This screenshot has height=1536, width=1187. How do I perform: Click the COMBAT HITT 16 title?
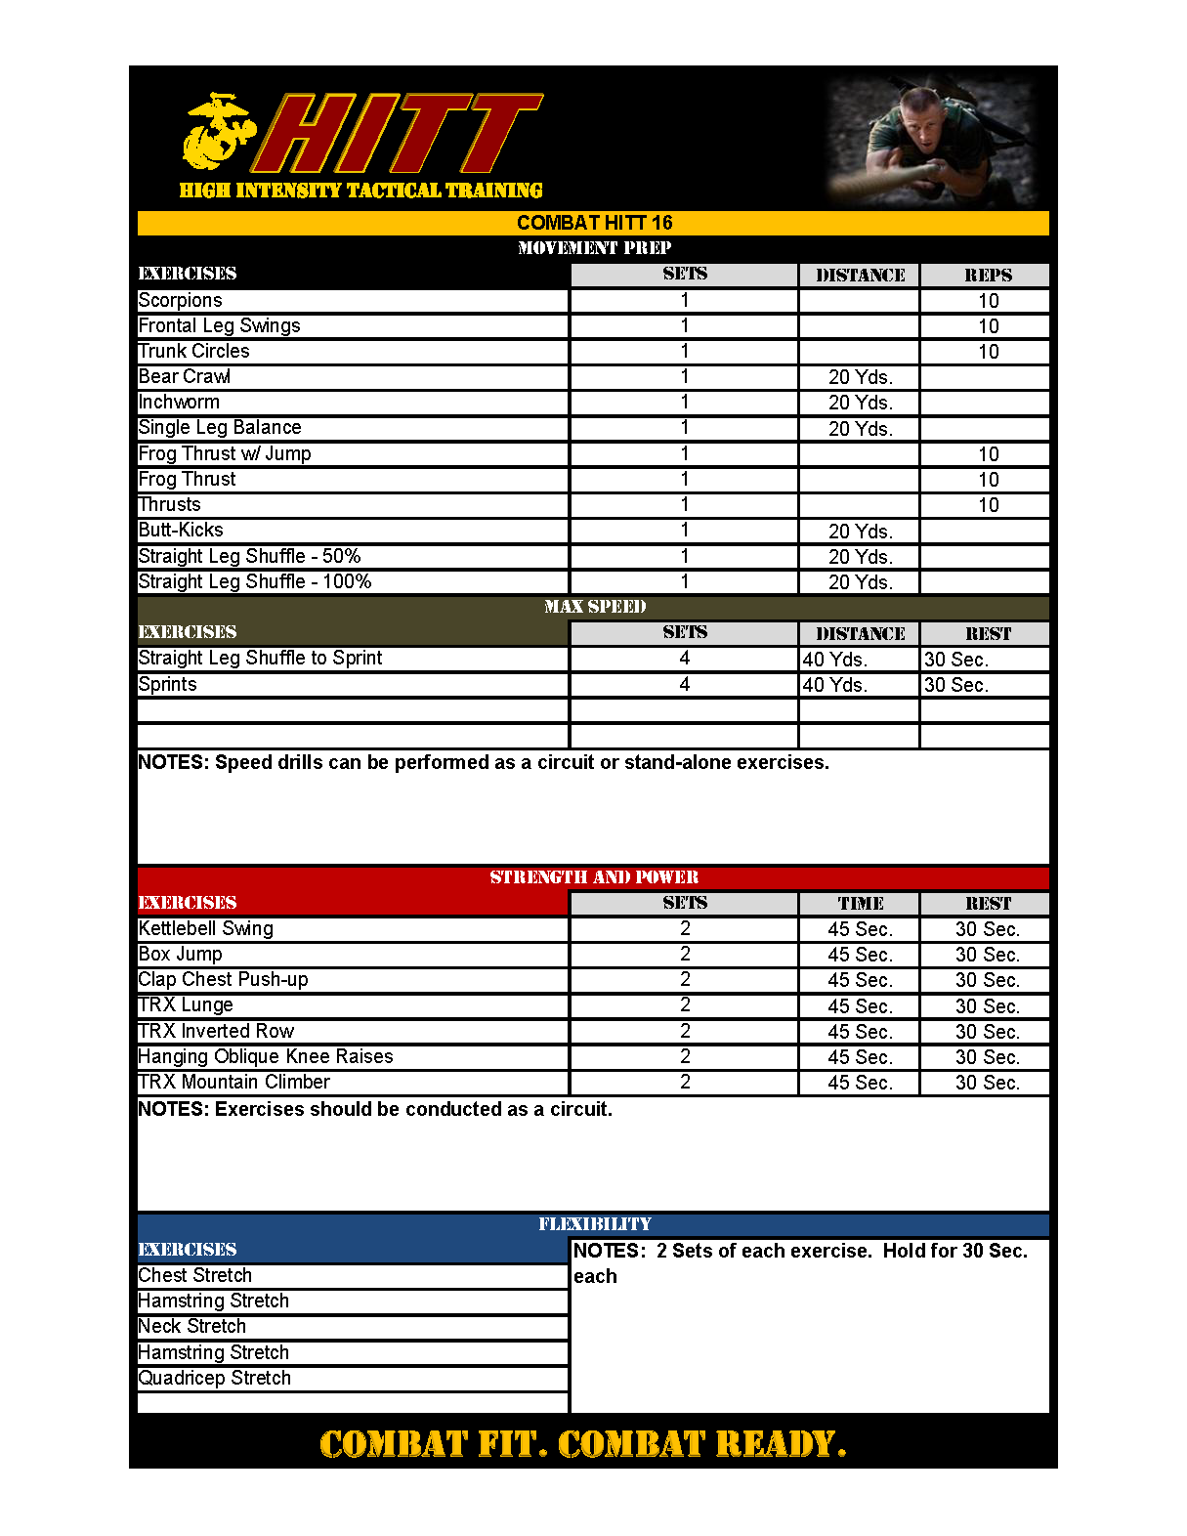[x=594, y=223]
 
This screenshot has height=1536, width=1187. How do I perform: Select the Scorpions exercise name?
[x=181, y=301]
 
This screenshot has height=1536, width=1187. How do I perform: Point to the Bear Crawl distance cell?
[x=860, y=377]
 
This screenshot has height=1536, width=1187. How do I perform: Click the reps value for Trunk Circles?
[x=988, y=352]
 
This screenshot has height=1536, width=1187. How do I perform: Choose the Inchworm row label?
[x=179, y=403]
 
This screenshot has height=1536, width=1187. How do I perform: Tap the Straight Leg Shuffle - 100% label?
[x=255, y=582]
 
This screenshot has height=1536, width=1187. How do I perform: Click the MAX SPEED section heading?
[x=594, y=607]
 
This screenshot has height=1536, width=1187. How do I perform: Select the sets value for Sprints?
[x=684, y=685]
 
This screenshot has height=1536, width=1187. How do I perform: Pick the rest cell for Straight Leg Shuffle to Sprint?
[x=955, y=660]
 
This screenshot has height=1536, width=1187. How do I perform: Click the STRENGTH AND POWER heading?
[x=594, y=877]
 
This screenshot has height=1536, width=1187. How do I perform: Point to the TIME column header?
[x=860, y=904]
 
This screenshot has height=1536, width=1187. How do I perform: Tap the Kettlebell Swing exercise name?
[x=206, y=929]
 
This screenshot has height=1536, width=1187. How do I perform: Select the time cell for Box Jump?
[x=860, y=955]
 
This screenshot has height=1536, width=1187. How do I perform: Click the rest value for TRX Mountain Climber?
[x=987, y=1083]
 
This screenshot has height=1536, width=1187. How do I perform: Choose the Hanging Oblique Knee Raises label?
[x=266, y=1057]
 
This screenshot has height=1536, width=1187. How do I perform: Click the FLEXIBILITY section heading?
[x=594, y=1224]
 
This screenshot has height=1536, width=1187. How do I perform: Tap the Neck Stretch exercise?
[x=192, y=1327]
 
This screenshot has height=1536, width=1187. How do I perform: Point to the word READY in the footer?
[x=780, y=1444]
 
